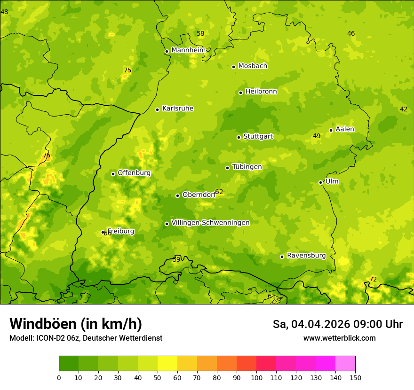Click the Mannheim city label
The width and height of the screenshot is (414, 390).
[188, 50]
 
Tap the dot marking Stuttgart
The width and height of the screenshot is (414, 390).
[239, 137]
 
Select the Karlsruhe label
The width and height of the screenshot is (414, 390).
[177, 109]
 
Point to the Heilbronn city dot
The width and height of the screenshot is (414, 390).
[240, 93]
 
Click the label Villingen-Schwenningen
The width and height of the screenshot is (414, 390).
[210, 223]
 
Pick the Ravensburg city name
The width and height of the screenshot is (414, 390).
[306, 256]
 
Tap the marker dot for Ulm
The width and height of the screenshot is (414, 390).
[320, 182]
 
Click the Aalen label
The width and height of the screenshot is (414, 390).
[344, 129]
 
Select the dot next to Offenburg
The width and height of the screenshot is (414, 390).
[113, 174]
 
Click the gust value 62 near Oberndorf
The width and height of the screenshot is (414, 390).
[219, 192]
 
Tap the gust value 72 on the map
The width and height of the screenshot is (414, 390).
[373, 279]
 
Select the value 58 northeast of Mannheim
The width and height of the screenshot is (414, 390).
[200, 33]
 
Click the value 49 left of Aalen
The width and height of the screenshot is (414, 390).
[317, 136]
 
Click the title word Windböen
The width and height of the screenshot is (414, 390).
[43, 324]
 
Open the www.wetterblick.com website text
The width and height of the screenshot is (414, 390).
[339, 338]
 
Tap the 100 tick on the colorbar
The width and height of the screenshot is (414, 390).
[256, 377]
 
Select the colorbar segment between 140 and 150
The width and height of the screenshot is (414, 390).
[345, 364]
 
